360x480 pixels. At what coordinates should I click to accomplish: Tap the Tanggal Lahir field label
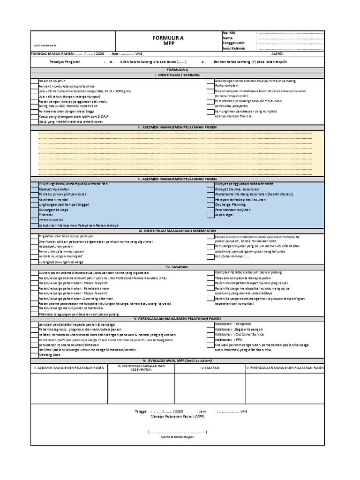[233, 43]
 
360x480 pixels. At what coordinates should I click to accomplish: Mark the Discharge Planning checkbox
[210, 205]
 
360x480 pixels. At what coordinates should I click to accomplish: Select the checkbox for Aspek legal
[210, 215]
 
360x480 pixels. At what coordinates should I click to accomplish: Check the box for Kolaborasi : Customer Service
[210, 335]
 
